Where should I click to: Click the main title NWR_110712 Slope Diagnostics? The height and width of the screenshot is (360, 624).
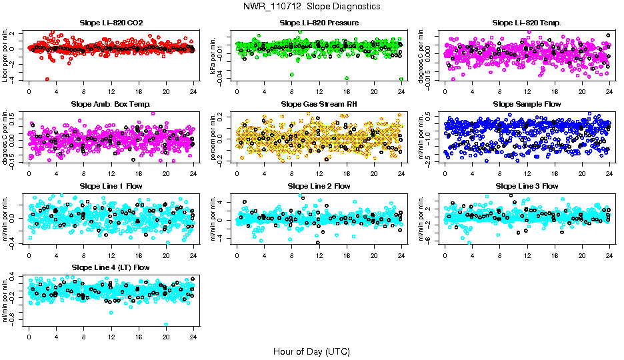[312, 6]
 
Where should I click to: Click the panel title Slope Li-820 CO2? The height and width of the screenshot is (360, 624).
[111, 23]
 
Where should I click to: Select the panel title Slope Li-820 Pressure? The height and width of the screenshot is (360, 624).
[319, 23]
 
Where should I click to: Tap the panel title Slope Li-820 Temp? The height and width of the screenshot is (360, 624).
[527, 23]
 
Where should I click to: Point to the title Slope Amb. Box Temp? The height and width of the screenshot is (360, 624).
[111, 104]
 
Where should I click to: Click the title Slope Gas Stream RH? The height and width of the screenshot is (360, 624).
[319, 104]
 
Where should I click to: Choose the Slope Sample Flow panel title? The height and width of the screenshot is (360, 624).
[527, 104]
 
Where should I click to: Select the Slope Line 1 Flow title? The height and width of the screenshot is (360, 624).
[111, 186]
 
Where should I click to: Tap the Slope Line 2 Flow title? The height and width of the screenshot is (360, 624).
[319, 186]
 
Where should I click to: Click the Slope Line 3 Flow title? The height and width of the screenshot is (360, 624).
[527, 186]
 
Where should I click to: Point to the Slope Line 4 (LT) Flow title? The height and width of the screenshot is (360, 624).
[111, 267]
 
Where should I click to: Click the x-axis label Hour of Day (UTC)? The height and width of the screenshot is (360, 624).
[312, 351]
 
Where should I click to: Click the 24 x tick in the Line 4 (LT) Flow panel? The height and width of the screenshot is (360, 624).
[193, 337]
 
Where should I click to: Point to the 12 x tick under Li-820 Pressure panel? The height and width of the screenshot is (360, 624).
[319, 92]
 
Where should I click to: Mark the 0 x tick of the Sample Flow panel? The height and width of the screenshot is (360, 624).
[445, 174]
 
